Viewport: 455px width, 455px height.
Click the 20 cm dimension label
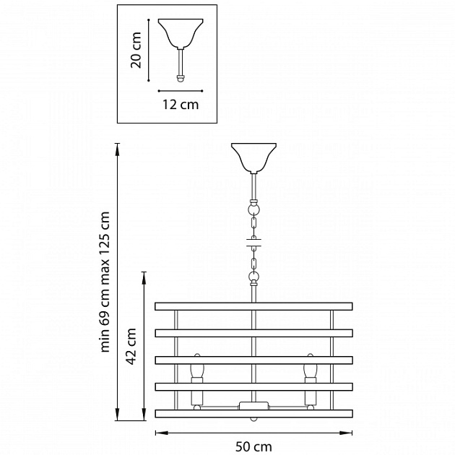coord(136,51)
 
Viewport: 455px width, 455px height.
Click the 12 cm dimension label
coord(181,105)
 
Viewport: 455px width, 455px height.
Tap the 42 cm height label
coord(131,346)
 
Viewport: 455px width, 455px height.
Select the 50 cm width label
coord(253,446)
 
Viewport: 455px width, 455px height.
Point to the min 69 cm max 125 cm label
coord(105,282)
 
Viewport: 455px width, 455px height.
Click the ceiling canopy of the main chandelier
coord(253,158)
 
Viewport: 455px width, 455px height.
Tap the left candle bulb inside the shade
coord(197,365)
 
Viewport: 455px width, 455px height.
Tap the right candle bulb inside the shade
coord(311,365)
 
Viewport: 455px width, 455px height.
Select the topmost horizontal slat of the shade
coord(253,306)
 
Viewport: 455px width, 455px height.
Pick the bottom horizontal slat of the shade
coord(253,414)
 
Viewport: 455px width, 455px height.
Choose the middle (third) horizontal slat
coord(253,360)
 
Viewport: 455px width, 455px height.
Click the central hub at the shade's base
coord(253,405)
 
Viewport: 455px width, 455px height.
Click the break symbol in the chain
coord(254,243)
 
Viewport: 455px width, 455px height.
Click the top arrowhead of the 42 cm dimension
coord(144,278)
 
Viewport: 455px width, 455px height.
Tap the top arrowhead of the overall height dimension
coord(117,149)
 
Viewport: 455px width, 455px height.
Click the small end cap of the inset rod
coord(181,79)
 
